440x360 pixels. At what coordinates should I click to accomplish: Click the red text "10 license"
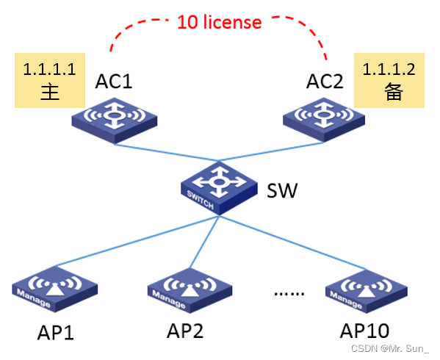(x=219, y=22)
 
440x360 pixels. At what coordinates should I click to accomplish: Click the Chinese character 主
(x=48, y=93)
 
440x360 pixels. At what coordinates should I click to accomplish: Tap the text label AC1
(x=114, y=81)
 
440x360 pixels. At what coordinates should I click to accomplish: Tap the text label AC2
(x=324, y=81)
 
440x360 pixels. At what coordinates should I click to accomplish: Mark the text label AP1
(x=56, y=332)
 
